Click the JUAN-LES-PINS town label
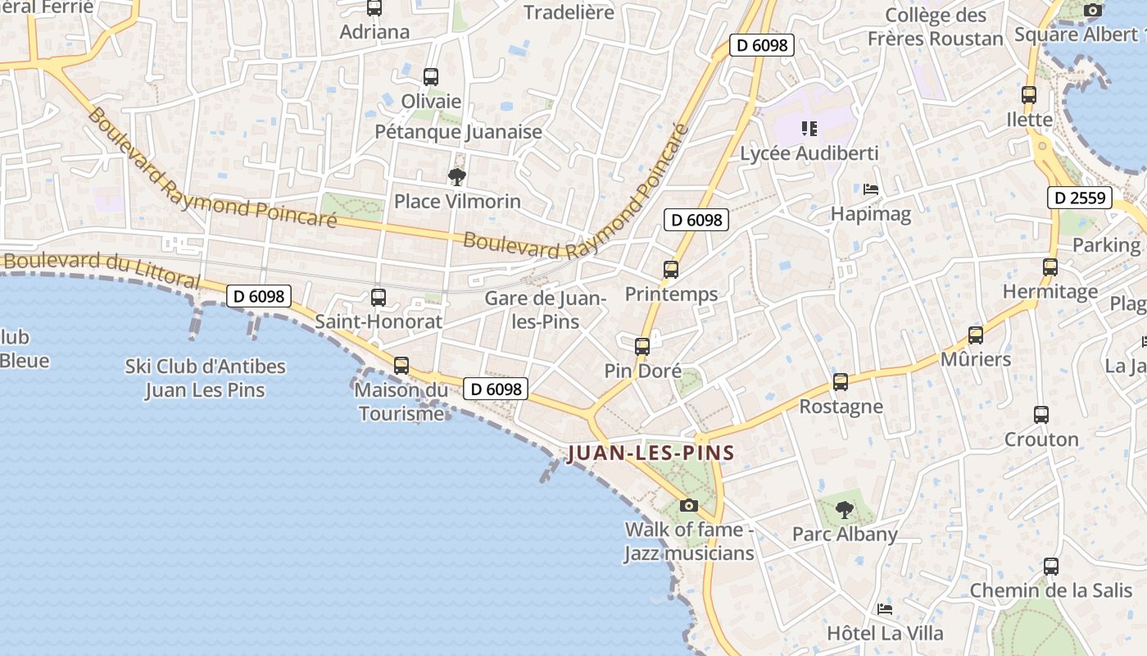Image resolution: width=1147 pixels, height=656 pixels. coord(651,453)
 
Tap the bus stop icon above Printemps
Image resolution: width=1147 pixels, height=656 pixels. coord(671,269)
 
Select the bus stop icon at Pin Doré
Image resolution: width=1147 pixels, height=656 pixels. coord(642,347)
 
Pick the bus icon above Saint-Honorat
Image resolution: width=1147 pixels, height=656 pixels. coord(379,298)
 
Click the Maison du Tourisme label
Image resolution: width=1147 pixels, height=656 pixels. coord(401,401)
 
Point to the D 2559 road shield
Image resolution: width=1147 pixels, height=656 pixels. coord(1080,198)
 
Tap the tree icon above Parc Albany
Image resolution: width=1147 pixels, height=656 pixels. coord(844,510)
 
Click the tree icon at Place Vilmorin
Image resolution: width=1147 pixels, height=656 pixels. coord(456,176)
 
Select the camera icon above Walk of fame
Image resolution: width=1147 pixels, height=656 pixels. coord(689,505)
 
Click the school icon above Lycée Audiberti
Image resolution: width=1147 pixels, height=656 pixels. coord(809,129)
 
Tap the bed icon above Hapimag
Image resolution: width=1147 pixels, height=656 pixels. coord(871,189)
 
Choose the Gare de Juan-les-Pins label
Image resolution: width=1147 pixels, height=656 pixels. coord(546,310)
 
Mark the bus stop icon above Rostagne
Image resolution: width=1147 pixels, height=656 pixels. coord(841,382)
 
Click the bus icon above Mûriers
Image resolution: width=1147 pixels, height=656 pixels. coord(975,335)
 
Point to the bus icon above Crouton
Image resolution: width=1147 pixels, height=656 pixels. coord(1041,415)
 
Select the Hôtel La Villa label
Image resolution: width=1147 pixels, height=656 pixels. coord(885,633)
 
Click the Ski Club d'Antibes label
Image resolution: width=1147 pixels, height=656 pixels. coord(205,377)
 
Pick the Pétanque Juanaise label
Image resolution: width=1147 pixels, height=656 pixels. coord(458,131)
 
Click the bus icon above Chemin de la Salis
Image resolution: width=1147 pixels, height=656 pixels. coord(1051,567)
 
